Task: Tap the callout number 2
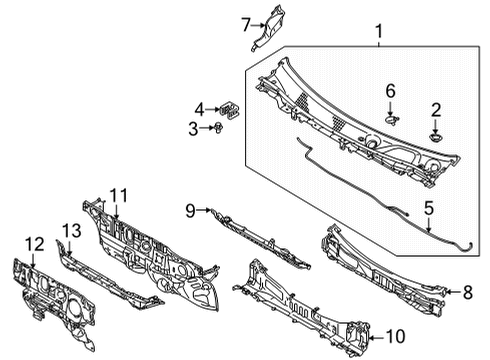click(436, 109)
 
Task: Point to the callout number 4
click(200, 108)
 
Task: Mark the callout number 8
click(466, 292)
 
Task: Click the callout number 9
click(190, 210)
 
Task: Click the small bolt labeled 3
click(216, 127)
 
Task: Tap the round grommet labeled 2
click(436, 134)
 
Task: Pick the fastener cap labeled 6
click(390, 118)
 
